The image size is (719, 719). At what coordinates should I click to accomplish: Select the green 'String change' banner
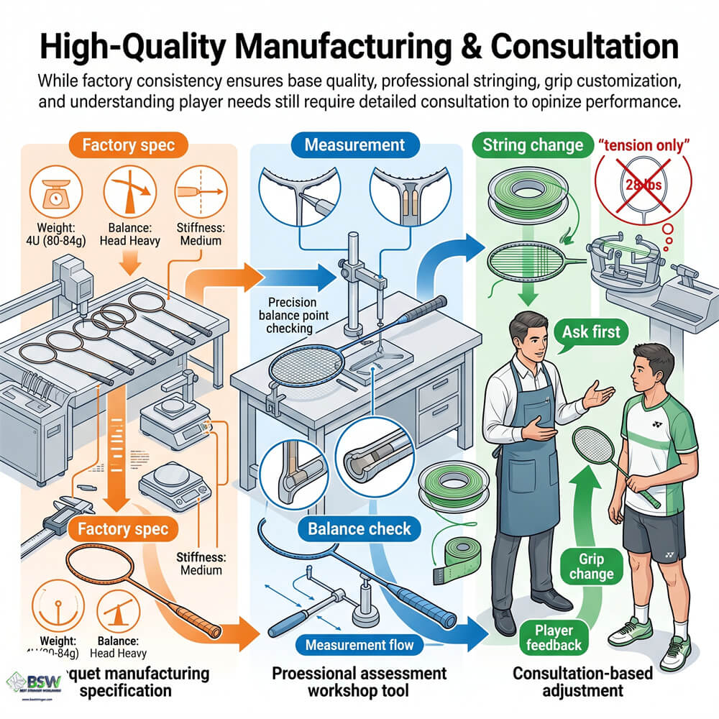(533, 145)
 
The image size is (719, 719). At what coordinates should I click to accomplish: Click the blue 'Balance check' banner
(359, 529)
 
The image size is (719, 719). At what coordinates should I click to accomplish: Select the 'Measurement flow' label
(359, 645)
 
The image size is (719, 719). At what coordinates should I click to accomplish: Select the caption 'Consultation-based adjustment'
(567, 682)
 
